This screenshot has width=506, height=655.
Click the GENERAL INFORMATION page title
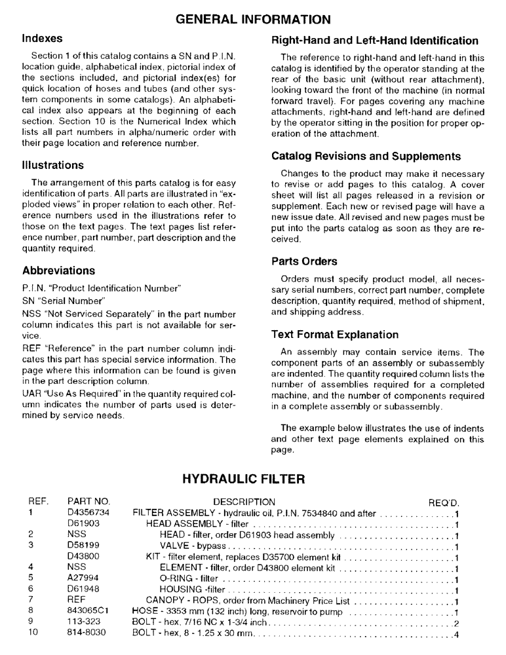[x=253, y=20]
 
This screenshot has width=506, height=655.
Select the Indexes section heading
[x=43, y=39]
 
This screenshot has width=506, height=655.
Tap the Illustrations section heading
[x=53, y=165]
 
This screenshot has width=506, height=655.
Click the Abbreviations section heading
[x=59, y=271]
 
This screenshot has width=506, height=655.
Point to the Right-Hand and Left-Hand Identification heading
[x=375, y=41]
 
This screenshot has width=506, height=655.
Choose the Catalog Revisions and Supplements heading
[x=366, y=157]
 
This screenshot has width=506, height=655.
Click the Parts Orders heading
[x=305, y=261]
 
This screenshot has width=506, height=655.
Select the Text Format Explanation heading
[x=335, y=335]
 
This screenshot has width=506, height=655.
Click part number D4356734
[x=88, y=514]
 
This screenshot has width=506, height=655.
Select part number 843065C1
[x=88, y=612]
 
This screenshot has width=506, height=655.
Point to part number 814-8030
[x=87, y=633]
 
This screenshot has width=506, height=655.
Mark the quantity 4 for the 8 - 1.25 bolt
[x=456, y=634]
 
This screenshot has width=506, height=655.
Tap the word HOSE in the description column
[x=145, y=612]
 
